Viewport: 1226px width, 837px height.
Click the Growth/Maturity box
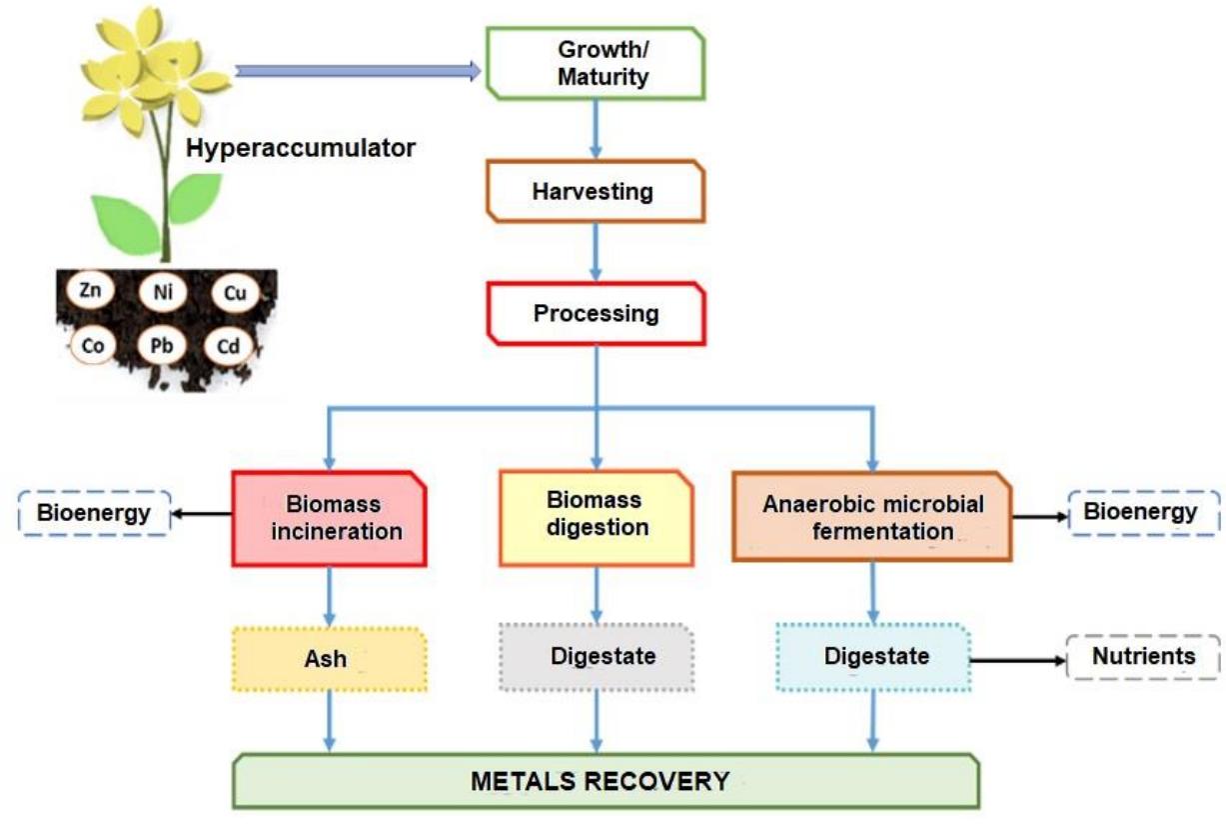tap(595, 64)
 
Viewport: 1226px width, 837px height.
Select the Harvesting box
tap(595, 191)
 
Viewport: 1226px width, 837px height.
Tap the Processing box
tap(595, 313)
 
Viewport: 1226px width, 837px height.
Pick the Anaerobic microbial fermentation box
tap(872, 516)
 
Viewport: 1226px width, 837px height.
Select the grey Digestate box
tap(597, 657)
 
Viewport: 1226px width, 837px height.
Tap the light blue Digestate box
tap(872, 657)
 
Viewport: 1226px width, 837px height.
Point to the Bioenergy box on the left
tap(94, 513)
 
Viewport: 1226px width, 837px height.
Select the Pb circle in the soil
tap(161, 347)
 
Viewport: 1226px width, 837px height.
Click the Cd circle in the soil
tap(233, 347)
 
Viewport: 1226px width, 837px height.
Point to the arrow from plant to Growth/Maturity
tap(358, 70)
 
